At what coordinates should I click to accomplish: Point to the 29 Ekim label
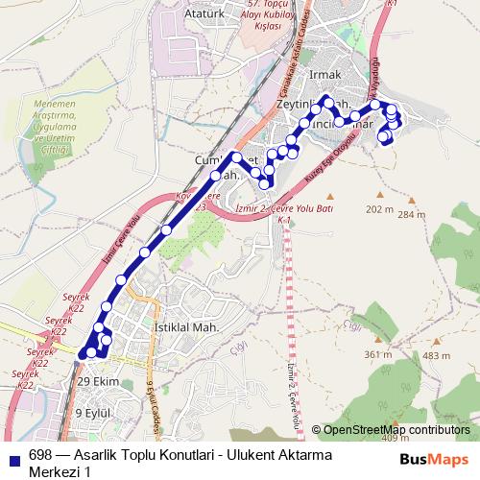[96, 381]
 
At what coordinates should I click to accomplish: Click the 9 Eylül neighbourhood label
[94, 413]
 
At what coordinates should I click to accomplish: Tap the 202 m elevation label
[379, 209]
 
